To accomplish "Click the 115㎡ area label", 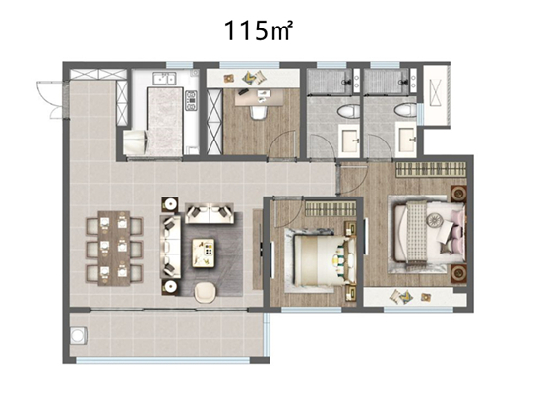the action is coord(259,30).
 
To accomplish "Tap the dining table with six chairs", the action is coord(114,249).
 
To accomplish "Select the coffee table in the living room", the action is coord(204,253).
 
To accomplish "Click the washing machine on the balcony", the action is coord(79,335).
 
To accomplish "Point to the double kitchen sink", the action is coord(164,79).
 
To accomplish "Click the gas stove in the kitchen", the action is coord(191,100).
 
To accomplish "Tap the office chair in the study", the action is coord(259,112).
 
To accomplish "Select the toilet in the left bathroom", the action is coord(348,111).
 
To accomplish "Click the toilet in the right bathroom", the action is coord(405,110).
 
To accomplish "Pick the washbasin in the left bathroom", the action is coord(350,139).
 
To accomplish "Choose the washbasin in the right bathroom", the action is coord(407,139).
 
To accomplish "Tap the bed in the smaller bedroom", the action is coord(325,260).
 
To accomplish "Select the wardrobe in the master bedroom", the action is coord(431,170).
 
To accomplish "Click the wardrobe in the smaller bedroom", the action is coord(331,209).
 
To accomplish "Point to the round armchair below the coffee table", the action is coord(206,293).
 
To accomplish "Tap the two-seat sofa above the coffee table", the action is coord(210,213).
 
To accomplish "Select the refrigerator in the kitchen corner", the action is coord(135,141).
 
